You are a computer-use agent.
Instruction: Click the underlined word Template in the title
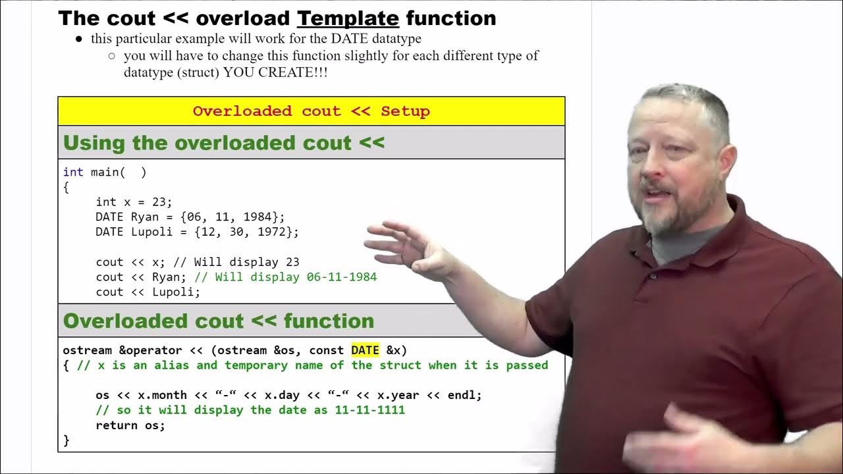[348, 18]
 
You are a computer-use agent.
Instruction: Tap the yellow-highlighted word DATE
[365, 350]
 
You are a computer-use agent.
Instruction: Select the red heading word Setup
[405, 111]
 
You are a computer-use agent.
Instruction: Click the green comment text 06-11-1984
[342, 277]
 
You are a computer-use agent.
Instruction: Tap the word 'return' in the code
[117, 425]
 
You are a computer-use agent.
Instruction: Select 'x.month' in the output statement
[162, 396]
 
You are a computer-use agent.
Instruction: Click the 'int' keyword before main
[73, 172]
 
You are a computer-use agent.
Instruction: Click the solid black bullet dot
[79, 39]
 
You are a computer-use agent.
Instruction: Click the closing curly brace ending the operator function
[66, 440]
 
